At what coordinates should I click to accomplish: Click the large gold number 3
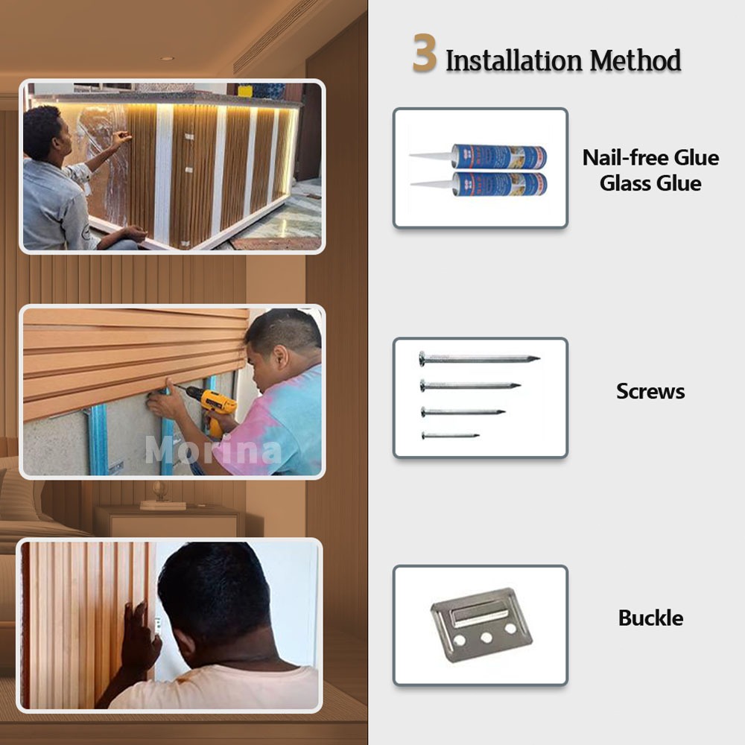[x=425, y=53]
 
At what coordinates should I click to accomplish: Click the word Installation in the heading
[x=513, y=61]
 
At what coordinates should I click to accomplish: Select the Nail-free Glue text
[x=650, y=158]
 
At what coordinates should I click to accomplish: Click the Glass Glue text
[x=650, y=183]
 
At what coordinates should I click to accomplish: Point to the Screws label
[x=650, y=392]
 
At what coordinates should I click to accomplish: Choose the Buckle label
[x=650, y=618]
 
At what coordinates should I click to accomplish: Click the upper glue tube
[x=478, y=156]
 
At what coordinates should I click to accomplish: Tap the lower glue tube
[x=478, y=183]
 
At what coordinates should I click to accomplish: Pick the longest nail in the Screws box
[x=479, y=358]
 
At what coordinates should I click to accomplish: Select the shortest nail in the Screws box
[x=451, y=435]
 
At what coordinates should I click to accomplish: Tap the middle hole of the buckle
[x=486, y=637]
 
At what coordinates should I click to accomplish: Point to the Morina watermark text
[x=213, y=451]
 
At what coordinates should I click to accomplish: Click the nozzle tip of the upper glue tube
[x=410, y=155]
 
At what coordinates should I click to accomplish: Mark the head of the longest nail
[x=422, y=358]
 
